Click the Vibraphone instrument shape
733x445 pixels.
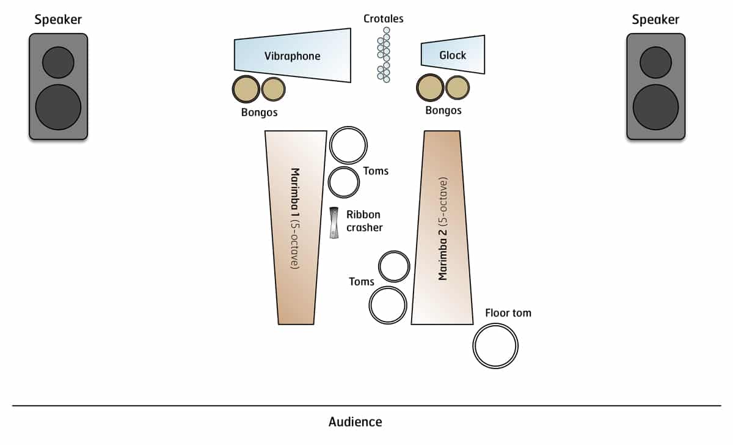[293, 56]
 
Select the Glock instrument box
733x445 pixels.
[453, 56]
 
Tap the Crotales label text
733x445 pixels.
[384, 18]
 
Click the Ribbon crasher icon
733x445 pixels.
[334, 223]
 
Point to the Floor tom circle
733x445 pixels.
[495, 346]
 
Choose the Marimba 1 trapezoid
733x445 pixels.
[294, 226]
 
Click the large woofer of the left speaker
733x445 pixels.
[58, 108]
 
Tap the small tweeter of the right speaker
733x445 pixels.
[655, 62]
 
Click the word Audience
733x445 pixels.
[355, 422]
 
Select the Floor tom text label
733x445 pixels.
[508, 313]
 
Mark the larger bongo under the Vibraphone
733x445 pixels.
[246, 90]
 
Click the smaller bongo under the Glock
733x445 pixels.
[458, 87]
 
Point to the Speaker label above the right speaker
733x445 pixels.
[655, 20]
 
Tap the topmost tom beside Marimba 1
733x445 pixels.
[348, 145]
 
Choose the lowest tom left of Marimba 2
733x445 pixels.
[388, 305]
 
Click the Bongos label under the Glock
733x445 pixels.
[443, 111]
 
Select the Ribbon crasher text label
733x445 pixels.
[364, 221]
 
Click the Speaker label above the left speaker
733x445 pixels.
[58, 20]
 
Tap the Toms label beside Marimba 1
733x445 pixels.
[376, 171]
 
